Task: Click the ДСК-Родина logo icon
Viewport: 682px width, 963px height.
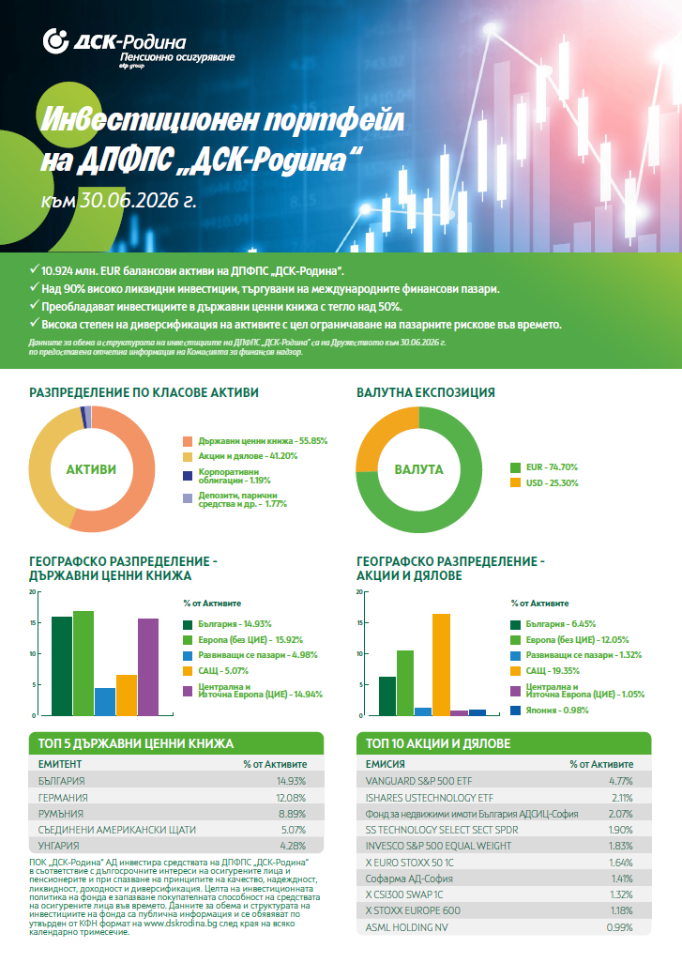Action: click(55, 41)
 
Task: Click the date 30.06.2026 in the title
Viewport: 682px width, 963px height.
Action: click(129, 200)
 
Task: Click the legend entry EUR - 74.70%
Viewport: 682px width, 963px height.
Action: click(544, 467)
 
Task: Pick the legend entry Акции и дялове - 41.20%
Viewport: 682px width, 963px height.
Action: click(240, 456)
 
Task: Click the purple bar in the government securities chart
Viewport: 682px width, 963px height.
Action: click(148, 667)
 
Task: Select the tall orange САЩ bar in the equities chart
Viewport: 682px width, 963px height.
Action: click(441, 665)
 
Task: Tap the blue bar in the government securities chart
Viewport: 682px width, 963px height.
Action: click(105, 701)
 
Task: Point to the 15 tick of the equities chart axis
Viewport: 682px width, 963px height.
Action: click(360, 622)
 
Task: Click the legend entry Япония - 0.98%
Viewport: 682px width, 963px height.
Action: click(550, 710)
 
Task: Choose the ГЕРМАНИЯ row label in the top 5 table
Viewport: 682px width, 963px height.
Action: click(63, 798)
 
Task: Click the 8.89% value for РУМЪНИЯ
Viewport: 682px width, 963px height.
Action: click(292, 814)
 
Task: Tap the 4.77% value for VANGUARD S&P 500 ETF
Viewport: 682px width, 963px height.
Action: click(621, 781)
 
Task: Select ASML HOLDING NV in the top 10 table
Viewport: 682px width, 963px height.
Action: click(406, 927)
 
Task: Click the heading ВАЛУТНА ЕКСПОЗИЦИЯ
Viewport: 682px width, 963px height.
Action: click(425, 392)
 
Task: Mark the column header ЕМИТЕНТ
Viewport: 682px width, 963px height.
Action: click(59, 764)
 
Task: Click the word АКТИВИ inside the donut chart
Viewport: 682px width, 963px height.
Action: click(92, 469)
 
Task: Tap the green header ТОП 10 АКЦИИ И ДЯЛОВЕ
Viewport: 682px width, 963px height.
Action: click(504, 743)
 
